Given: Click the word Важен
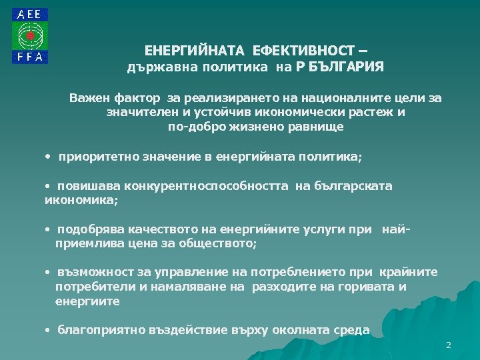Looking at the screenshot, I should click(88, 98).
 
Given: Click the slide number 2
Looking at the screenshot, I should click(449, 345).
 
